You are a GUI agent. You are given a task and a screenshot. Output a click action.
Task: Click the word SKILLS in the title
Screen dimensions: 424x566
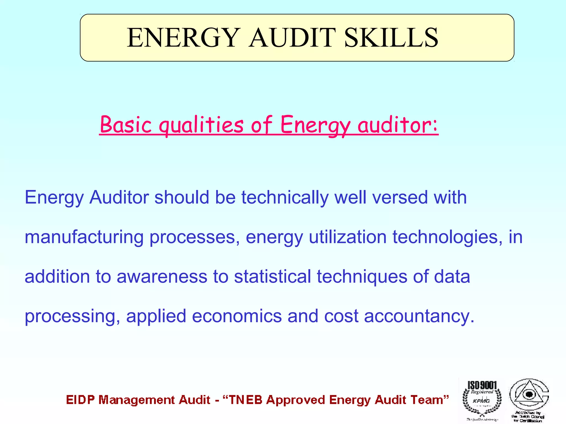click(x=391, y=38)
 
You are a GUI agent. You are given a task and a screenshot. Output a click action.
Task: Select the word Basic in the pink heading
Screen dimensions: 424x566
click(x=126, y=125)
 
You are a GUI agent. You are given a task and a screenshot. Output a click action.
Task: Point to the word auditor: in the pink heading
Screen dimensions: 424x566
click(x=398, y=125)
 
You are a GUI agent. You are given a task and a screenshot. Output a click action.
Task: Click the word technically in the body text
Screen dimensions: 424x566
click(x=285, y=198)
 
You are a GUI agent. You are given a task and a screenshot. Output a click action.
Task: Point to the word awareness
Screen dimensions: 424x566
click(x=162, y=277)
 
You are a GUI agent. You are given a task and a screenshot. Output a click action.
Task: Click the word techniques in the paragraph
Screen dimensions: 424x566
click(x=362, y=277)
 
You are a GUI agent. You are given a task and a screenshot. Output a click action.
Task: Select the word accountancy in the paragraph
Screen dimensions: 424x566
click(x=419, y=317)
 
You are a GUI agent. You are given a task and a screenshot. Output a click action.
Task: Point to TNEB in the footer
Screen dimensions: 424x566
click(x=246, y=400)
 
